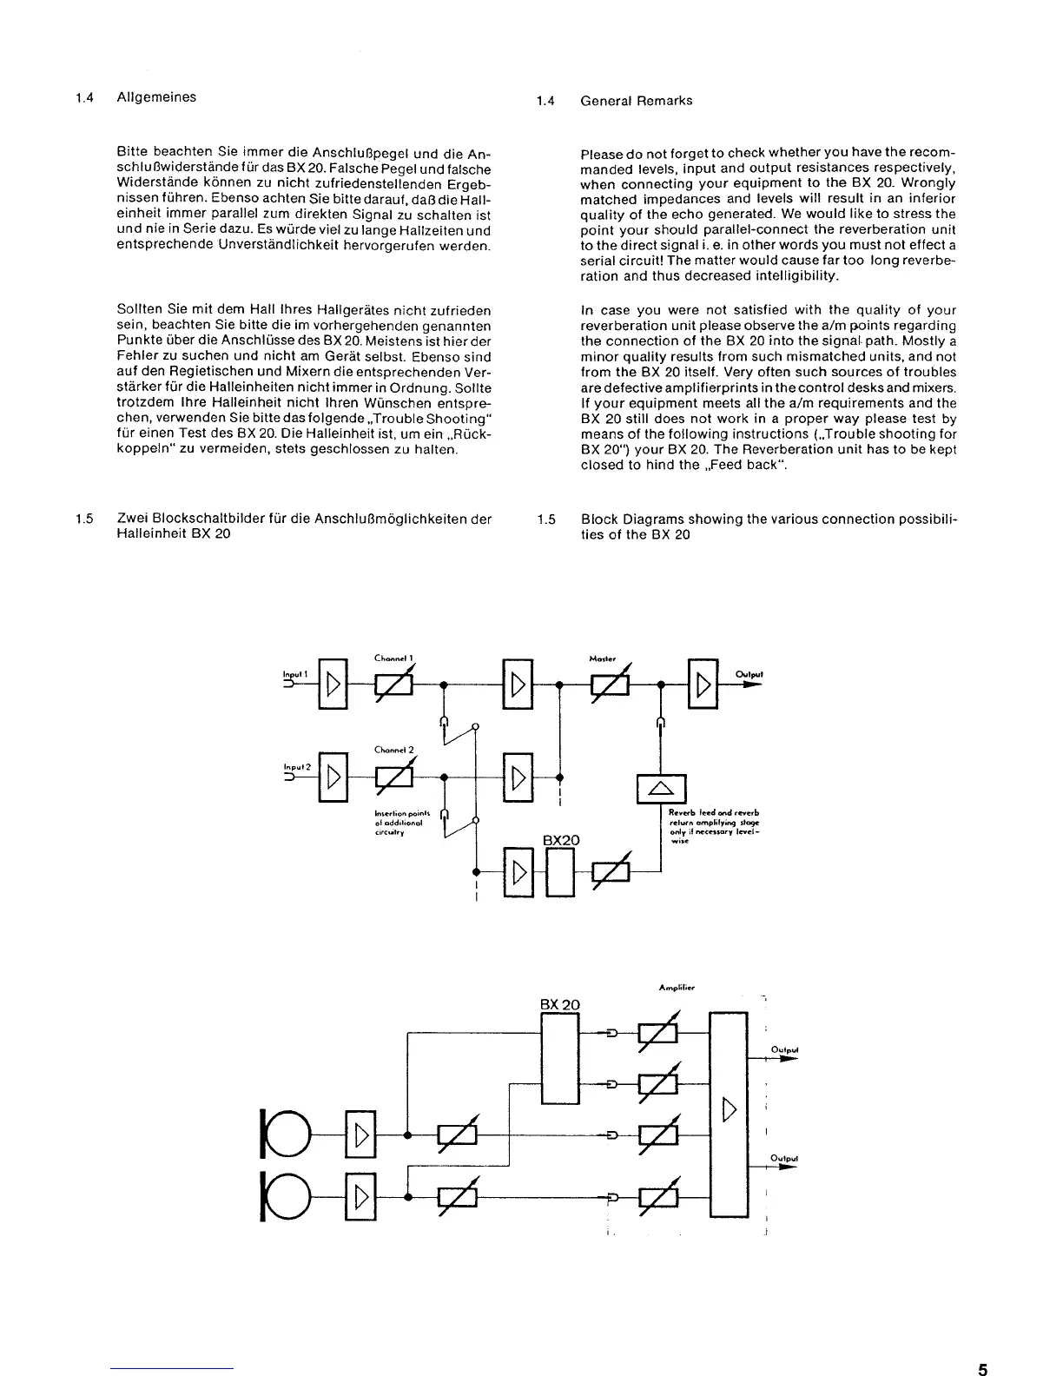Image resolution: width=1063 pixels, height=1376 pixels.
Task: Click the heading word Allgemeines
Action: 156,97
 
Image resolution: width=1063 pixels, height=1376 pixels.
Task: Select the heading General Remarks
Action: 636,101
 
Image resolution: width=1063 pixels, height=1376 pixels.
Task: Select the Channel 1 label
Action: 393,658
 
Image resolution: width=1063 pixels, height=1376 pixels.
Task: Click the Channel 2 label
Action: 393,750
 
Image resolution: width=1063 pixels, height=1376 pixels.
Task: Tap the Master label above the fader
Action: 602,658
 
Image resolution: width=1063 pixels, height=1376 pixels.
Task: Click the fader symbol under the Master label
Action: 611,685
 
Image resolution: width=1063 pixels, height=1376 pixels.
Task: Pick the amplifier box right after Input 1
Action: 333,685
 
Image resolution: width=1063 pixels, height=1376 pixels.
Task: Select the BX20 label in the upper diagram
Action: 561,840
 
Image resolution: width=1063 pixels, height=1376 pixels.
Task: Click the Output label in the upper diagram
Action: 749,673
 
